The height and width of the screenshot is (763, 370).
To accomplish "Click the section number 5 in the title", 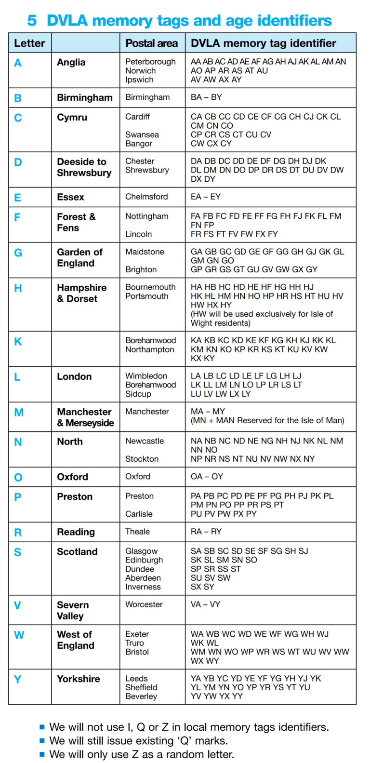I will [x=32, y=20].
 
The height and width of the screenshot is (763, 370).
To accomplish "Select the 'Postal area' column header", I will [x=151, y=43].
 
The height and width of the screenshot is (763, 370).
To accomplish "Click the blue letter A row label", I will [x=18, y=63].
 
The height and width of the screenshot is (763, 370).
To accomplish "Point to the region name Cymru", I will [x=72, y=117].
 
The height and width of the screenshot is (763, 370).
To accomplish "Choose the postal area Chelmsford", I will [x=146, y=197].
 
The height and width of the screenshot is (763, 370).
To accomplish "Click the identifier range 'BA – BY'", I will [x=206, y=97].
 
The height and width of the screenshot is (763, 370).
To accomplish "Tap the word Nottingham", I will [x=147, y=216].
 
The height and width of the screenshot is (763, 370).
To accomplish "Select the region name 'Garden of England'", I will [x=79, y=257].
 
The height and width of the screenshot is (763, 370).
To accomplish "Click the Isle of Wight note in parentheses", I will [x=262, y=319].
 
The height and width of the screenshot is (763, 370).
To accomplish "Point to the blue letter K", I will [x=18, y=342].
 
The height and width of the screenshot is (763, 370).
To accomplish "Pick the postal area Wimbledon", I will [x=146, y=376].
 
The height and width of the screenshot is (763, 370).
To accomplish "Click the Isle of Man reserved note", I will [x=267, y=420].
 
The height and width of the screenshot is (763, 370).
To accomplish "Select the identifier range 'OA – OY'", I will [x=207, y=477].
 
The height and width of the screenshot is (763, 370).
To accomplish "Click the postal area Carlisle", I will [x=139, y=514].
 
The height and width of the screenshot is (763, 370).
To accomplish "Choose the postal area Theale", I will [x=137, y=532].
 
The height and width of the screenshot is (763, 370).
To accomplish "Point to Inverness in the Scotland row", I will [x=143, y=587].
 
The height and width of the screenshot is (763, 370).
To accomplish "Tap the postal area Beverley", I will [x=141, y=696].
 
